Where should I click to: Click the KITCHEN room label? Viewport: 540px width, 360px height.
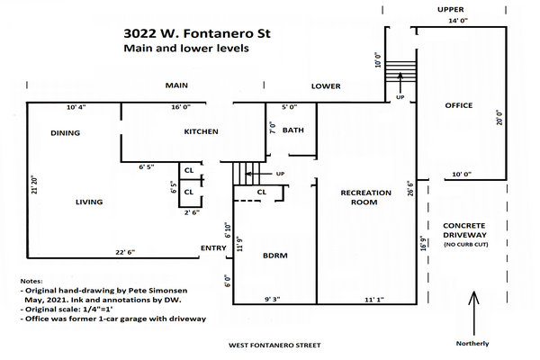[x=201, y=131]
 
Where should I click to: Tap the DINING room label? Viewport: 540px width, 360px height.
[x=65, y=133]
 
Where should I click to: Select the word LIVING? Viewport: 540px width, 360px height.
[x=89, y=202]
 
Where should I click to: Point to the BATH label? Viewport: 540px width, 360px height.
[x=293, y=130]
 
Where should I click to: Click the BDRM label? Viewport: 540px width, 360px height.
[x=275, y=256]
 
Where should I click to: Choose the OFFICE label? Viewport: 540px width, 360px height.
[x=459, y=105]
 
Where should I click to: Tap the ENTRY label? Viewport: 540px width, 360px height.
[x=213, y=248]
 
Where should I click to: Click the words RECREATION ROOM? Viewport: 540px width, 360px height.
[x=365, y=197]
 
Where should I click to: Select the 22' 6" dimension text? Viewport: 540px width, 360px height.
[x=125, y=252]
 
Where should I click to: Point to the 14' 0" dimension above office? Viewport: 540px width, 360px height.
[x=458, y=21]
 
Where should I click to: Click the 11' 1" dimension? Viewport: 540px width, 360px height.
[x=374, y=300]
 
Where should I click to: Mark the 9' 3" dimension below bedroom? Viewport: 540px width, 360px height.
[x=273, y=300]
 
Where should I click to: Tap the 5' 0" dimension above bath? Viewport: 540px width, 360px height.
[x=289, y=107]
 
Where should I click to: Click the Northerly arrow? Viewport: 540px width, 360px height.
[x=474, y=313]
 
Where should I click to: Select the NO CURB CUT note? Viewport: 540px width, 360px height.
[x=466, y=245]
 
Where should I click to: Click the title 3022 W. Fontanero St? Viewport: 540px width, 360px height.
[x=197, y=34]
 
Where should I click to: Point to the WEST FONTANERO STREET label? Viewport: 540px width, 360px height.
[x=274, y=346]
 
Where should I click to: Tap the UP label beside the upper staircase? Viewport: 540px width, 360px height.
[x=400, y=97]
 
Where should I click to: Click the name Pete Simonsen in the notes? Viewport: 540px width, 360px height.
[x=158, y=291]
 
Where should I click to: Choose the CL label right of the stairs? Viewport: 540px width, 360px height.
[x=262, y=193]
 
